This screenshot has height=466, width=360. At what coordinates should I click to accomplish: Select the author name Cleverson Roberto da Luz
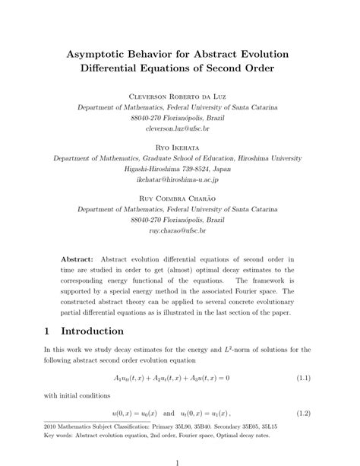(x=180, y=97)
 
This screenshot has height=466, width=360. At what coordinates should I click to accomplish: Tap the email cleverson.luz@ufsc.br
(x=180, y=129)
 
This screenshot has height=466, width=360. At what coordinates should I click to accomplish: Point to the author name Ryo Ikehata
(x=180, y=150)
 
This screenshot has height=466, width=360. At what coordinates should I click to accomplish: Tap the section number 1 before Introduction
(x=47, y=331)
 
